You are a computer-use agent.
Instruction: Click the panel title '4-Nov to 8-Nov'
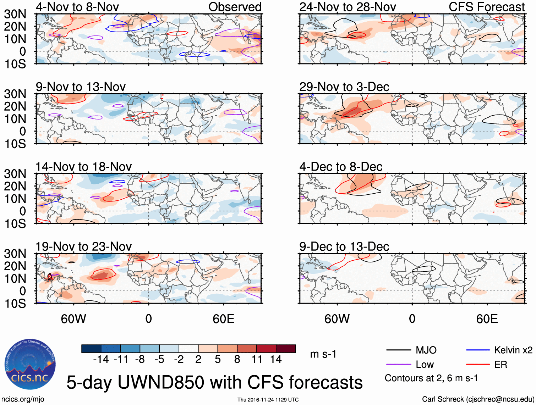tap(77, 7)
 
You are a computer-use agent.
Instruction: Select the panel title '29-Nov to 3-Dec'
tap(344, 87)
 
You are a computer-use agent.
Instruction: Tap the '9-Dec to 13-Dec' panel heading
tap(344, 246)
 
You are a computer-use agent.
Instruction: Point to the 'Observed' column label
tap(235, 7)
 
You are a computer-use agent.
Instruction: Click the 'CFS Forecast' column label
tap(486, 7)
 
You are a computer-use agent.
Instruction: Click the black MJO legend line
tap(399, 350)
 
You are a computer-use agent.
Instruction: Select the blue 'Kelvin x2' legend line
tap(478, 350)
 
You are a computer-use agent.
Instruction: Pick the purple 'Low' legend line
tap(399, 365)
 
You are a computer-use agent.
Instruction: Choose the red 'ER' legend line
tap(478, 365)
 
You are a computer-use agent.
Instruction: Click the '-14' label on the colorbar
tap(101, 360)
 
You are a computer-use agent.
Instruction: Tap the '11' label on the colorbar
tap(257, 360)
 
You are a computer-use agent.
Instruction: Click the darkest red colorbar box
tap(286, 349)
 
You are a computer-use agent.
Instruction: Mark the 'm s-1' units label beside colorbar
tap(323, 354)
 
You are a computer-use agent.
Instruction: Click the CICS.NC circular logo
tap(30, 364)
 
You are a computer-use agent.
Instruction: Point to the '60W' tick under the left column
tap(73, 319)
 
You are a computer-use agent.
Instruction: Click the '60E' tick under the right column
tap(487, 319)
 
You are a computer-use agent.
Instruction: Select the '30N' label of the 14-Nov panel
tap(15, 174)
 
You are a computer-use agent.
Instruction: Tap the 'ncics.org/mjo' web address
tap(23, 399)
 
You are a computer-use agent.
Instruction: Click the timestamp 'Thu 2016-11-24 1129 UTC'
tap(268, 400)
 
